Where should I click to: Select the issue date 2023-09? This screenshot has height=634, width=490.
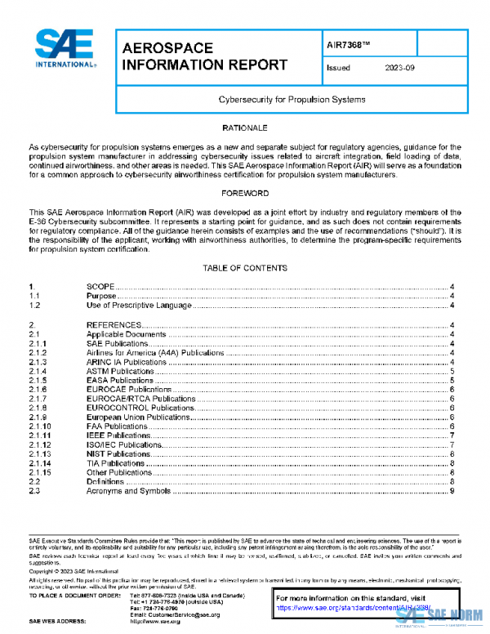tap(399, 69)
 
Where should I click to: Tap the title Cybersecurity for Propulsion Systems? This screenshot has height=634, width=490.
tap(292, 99)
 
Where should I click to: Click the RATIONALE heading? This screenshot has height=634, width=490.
tap(244, 129)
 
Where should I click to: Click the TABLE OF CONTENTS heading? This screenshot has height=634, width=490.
tap(244, 268)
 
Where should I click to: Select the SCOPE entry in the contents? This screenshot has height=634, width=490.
tap(102, 287)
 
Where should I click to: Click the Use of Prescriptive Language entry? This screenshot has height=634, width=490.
tap(139, 305)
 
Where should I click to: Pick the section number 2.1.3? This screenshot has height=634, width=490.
tap(38, 361)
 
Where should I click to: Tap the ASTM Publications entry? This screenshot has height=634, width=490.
tap(120, 371)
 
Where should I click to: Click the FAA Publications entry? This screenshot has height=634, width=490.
tap(117, 426)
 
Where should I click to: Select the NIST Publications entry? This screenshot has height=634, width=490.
tap(118, 453)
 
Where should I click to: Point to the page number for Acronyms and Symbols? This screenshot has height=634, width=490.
tap(452, 490)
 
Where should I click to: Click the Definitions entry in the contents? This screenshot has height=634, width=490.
tap(105, 481)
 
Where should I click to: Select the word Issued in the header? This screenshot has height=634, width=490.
tap(338, 69)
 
